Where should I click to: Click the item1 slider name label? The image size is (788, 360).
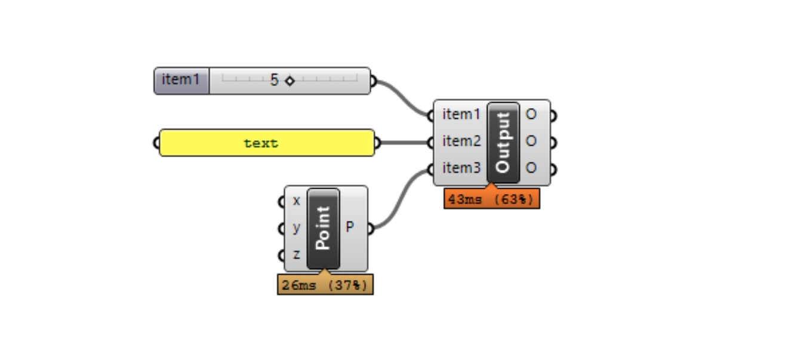pos(181,80)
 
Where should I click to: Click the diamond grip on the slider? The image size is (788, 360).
pos(290,81)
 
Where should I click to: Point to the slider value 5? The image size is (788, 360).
pos(274,80)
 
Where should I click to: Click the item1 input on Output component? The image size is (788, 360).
pos(461,114)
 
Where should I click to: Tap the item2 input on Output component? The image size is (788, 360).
pos(461,141)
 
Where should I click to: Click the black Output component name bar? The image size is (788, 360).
pos(503,142)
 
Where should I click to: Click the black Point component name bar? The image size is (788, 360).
pos(323,229)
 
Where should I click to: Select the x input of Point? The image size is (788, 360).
pos(296,201)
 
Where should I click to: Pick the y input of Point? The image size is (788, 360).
pos(296,228)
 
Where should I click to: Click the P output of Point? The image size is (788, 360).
pos(350,228)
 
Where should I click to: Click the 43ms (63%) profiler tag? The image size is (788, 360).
pos(491,199)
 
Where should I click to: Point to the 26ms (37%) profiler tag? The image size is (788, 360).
pos(325,285)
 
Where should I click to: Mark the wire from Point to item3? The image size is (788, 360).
pos(400,198)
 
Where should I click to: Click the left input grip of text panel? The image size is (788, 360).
pos(156,143)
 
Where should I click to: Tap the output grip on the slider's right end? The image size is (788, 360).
pos(374,81)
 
